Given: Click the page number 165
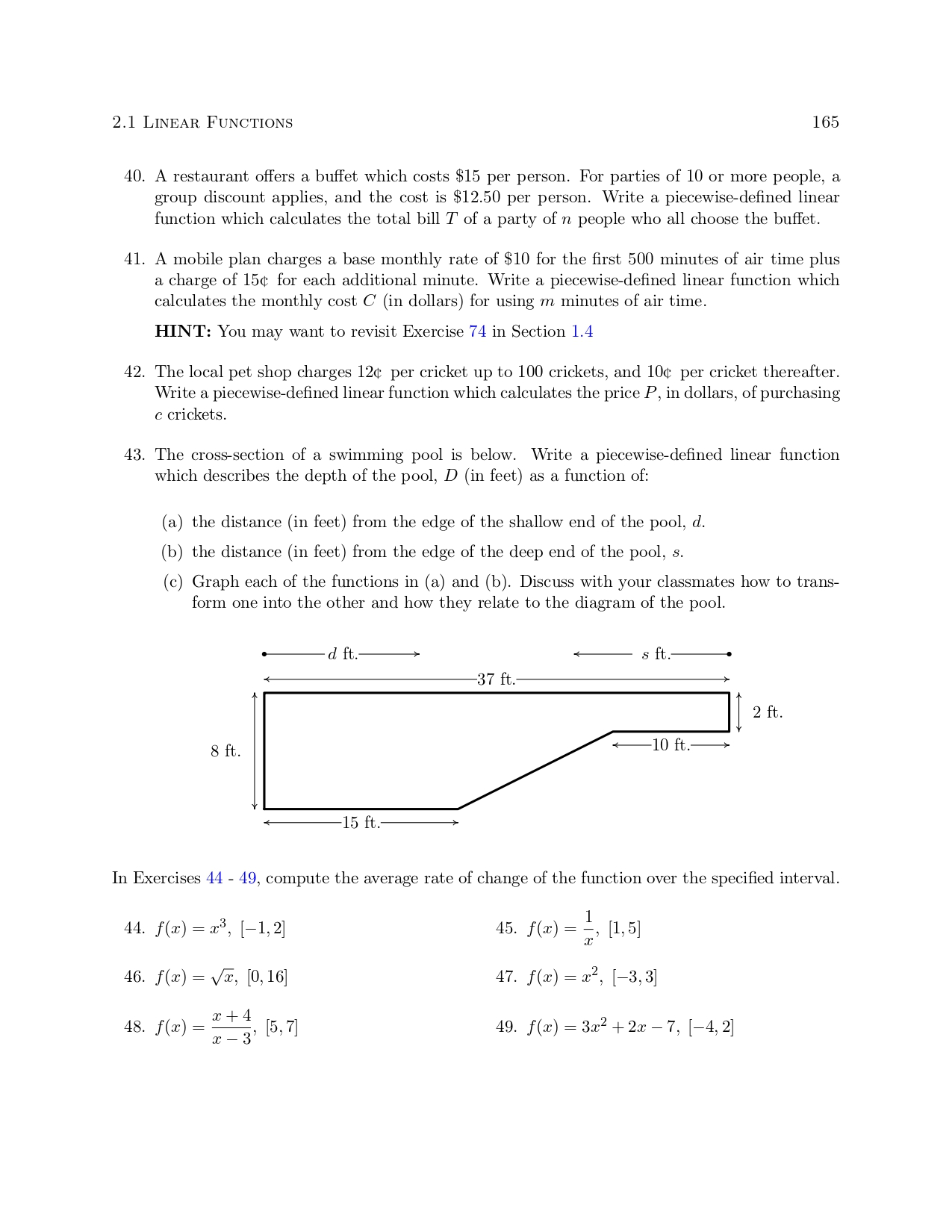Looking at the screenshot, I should point(825,122).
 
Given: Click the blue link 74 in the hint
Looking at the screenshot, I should point(477,332).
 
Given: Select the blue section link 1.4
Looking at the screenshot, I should point(582,332).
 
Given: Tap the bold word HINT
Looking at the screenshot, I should point(183,332).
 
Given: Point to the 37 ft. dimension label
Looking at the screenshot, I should point(497,679).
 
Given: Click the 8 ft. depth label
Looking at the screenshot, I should point(225,751).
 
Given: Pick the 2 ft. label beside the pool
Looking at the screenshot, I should point(768,712).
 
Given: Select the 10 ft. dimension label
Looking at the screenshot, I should point(671,745).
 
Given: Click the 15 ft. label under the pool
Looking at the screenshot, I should point(361,823).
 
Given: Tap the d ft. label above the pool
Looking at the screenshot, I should point(343,654).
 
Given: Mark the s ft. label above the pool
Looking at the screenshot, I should point(656,654).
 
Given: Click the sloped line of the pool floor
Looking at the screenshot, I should point(535,771).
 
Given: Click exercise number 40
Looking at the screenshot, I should point(134,177).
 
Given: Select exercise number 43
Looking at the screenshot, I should point(134,455).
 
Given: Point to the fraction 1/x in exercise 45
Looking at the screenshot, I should point(588,928).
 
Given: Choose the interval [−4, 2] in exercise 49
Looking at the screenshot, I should point(711,1027).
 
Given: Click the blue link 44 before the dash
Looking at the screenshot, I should point(214,878).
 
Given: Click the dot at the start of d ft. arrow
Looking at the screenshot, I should point(264,654).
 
